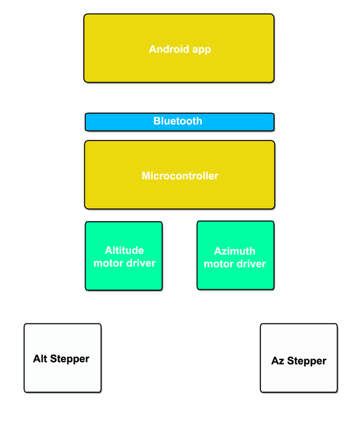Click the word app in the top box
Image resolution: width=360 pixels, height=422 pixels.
pos(201,50)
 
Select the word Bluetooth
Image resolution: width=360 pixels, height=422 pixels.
pos(178,121)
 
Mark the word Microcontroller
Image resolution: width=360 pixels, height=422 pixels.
pos(180,176)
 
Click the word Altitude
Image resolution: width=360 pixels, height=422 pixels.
pos(124,250)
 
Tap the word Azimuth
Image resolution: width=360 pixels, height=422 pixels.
pos(235,252)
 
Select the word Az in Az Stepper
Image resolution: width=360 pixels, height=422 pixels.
pos(278,361)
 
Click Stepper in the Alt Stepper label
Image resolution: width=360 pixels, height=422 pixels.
pos(70,359)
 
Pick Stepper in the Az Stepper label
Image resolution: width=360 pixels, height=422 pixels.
pos(307,361)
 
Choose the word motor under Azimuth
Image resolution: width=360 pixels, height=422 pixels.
pos(217,264)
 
